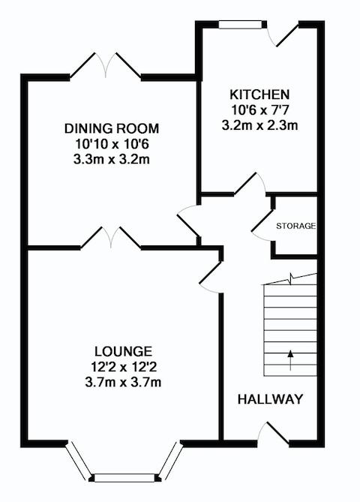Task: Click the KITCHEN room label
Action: pos(259,95)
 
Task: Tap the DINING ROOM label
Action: pos(112,128)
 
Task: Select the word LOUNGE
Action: pos(123,351)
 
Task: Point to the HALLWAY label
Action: pos(270,399)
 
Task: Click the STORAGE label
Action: pos(296,226)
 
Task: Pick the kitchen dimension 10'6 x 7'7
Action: pos(259,110)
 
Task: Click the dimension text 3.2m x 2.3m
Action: pos(259,125)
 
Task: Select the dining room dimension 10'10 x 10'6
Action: pos(112,144)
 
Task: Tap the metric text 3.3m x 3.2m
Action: pos(112,159)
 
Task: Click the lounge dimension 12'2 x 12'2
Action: pos(124,367)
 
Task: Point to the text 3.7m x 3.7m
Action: pos(123,382)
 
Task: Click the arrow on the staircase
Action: pos(290,360)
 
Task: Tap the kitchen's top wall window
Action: pos(240,25)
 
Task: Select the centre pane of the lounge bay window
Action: pos(125,478)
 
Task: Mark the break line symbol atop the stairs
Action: pos(290,279)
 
